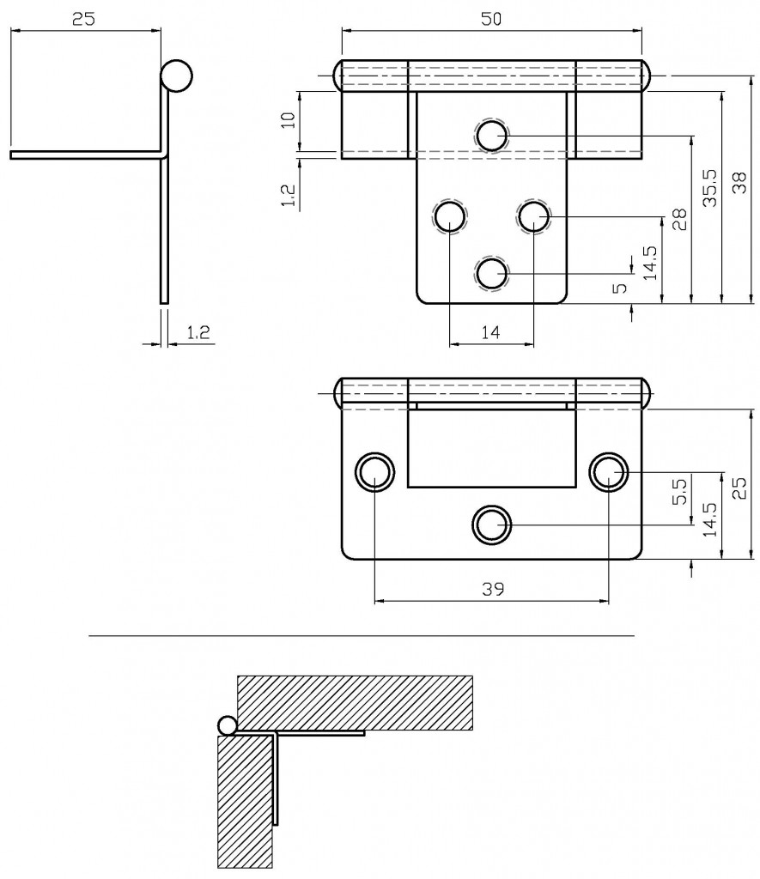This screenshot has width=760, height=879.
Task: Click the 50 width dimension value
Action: [x=490, y=19]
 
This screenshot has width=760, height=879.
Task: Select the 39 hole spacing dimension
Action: [x=491, y=589]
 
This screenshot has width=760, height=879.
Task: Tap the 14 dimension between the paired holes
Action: [x=490, y=334]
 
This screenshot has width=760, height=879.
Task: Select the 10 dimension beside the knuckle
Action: [x=289, y=119]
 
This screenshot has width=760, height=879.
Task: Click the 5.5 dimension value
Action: [x=678, y=491]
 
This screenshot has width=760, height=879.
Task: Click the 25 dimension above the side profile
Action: [x=83, y=19]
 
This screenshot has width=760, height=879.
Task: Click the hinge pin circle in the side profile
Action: [x=176, y=76]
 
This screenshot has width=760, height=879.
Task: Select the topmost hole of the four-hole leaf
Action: [x=492, y=136]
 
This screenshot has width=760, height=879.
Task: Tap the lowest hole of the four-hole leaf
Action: [x=492, y=274]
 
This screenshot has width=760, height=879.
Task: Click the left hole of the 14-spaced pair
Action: [x=449, y=217]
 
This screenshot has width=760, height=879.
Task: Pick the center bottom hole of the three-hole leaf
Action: [x=491, y=524]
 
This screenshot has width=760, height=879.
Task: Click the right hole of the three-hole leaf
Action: [x=608, y=471]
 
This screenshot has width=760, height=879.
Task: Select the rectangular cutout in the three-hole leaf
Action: [x=490, y=447]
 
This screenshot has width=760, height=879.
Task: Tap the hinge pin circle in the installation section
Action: [x=227, y=726]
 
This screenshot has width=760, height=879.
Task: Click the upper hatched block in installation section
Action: [x=354, y=702]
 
